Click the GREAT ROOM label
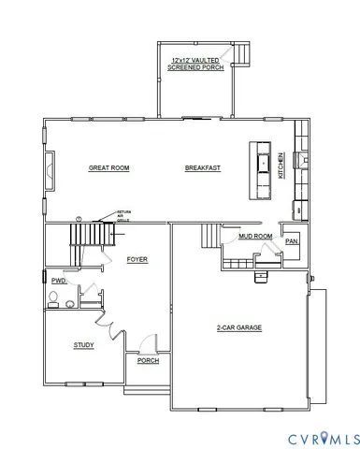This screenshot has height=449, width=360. pyautogui.click(x=108, y=167)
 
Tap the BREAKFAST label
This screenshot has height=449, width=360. pyautogui.click(x=202, y=167)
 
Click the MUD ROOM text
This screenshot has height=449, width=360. pyautogui.click(x=254, y=236)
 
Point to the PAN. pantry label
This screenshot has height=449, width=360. pyautogui.click(x=292, y=241)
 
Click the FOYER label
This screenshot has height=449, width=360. pyautogui.click(x=137, y=259)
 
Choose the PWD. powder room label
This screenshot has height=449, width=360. pyautogui.click(x=58, y=280)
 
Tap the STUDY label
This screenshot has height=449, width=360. pyautogui.click(x=83, y=345)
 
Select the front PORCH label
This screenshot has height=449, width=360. pyautogui.click(x=147, y=360)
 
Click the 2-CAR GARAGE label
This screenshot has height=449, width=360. pyautogui.click(x=238, y=327)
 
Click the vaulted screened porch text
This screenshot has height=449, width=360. pyautogui.click(x=196, y=64)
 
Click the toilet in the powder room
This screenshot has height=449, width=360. pyautogui.click(x=55, y=298)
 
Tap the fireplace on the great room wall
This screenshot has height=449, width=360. pyautogui.click(x=47, y=168)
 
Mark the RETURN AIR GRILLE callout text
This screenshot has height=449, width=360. pyautogui.click(x=123, y=216)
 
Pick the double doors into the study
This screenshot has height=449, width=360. pyautogui.click(x=112, y=327)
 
